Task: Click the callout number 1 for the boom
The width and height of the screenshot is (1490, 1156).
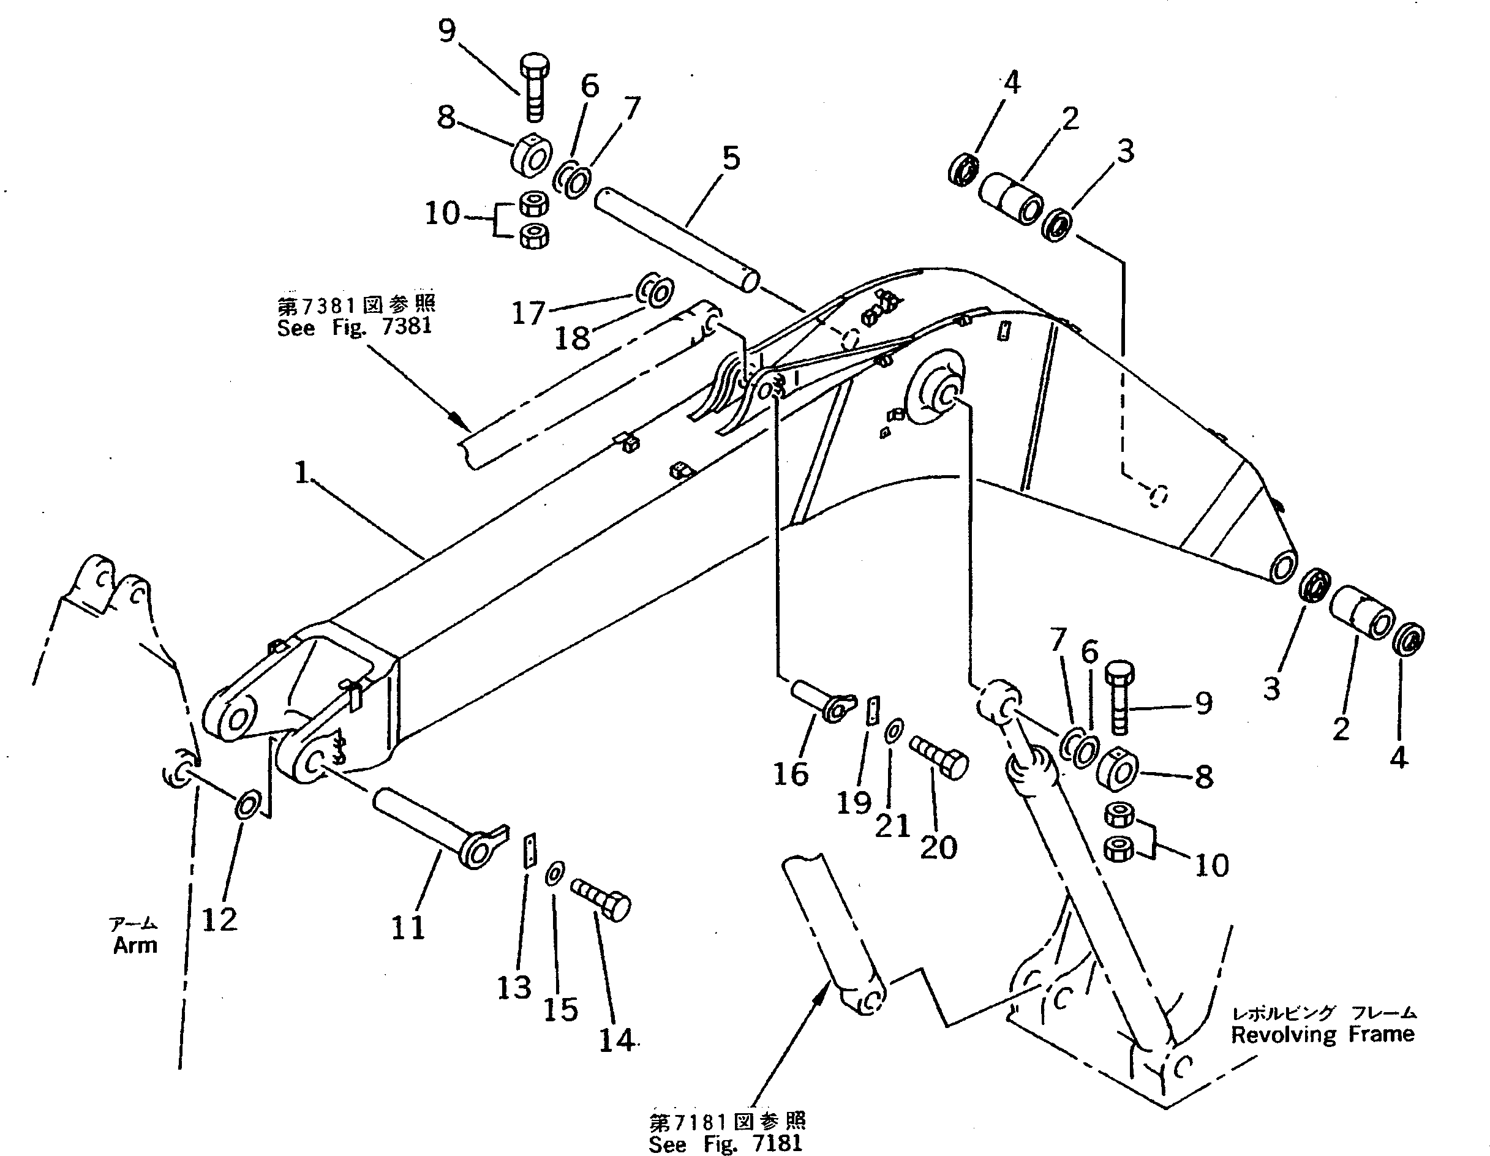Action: pyautogui.click(x=301, y=472)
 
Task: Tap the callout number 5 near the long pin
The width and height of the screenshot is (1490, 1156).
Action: pyautogui.click(x=731, y=159)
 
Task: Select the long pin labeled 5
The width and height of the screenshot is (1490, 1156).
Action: pyautogui.click(x=675, y=240)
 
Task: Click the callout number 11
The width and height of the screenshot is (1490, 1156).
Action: pyautogui.click(x=408, y=928)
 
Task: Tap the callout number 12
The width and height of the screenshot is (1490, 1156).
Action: pyautogui.click(x=220, y=919)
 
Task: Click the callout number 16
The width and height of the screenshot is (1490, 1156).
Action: pyautogui.click(x=791, y=774)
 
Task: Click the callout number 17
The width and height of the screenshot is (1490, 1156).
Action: pyautogui.click(x=529, y=313)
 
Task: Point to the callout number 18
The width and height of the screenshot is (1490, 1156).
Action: pyautogui.click(x=572, y=338)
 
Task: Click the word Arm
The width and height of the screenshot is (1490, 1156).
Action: pyautogui.click(x=135, y=945)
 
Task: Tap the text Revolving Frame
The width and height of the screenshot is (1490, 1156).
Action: pyautogui.click(x=1322, y=1035)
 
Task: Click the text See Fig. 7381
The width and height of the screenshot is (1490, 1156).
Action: pyautogui.click(x=355, y=328)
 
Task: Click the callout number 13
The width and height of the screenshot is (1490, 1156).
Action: pyautogui.click(x=514, y=988)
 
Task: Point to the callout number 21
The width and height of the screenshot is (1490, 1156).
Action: pyautogui.click(x=893, y=826)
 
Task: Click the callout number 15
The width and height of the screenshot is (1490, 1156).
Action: pyautogui.click(x=560, y=1010)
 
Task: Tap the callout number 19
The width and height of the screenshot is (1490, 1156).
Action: pyautogui.click(x=854, y=803)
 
